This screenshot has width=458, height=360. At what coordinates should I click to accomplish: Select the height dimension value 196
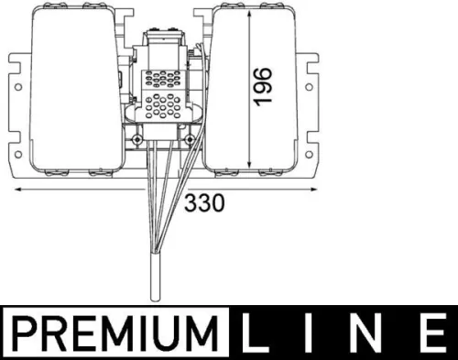coord(263,86)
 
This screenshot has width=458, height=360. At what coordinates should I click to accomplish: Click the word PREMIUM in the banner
coord(118,332)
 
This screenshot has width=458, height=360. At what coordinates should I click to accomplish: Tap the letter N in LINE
coord(365,332)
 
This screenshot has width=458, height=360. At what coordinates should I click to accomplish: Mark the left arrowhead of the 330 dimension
coord(17,190)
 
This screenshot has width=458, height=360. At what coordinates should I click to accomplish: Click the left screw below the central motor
coord(136,139)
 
